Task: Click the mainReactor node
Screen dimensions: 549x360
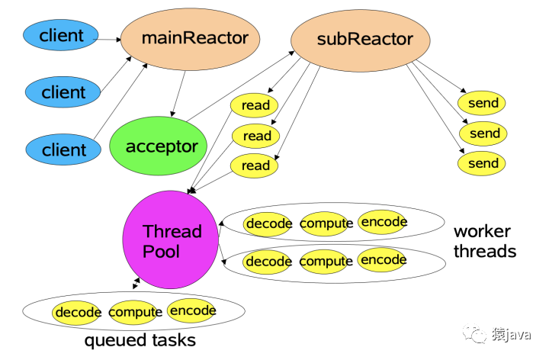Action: coord(190,39)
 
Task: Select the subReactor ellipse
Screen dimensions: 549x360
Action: coord(360,40)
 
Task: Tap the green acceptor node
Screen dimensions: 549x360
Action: coord(159,146)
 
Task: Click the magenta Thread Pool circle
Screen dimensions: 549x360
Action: coord(171,239)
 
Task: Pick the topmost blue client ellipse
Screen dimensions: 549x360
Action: coord(60,35)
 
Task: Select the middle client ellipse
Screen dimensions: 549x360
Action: coord(63,92)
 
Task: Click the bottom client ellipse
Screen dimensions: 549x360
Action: coord(63,149)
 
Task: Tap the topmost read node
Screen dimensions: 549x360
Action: coord(254,105)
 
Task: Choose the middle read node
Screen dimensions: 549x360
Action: coord(255,136)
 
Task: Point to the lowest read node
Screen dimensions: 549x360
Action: coord(254,166)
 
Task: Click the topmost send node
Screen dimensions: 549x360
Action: coord(481,103)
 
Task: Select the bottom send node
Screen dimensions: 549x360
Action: coord(481,163)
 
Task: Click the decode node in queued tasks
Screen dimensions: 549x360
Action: coord(76,313)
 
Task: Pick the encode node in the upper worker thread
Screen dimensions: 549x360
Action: coord(382,222)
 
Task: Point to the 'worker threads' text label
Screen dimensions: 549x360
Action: coord(485,241)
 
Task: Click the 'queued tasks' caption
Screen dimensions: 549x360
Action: coord(140,340)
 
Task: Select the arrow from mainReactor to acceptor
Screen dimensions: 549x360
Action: coord(178,94)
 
